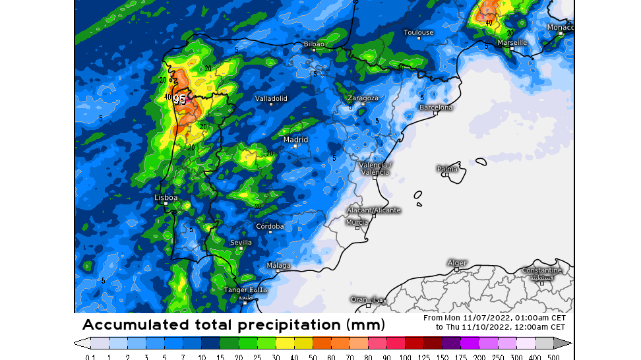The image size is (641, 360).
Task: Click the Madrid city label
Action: pos(295,140)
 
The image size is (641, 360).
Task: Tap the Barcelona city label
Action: pos(437,107)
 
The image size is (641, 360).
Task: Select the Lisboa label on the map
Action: pos(166,197)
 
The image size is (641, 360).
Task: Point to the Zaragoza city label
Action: pos(363,98)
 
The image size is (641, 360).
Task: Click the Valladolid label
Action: pos(271,98)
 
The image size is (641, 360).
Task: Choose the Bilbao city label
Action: pos(313,44)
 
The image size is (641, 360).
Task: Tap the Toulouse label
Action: pos(418,32)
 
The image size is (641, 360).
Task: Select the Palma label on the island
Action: pos(447,169)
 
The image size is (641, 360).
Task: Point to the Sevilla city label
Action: pos(241,243)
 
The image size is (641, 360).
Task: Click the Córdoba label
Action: pos(270,226)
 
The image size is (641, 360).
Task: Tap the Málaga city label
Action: pos(278,265)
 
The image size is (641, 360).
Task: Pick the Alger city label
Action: pos(457,263)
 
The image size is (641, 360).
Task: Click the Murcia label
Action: pos(357,222)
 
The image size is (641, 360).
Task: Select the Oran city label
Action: pos(359,299)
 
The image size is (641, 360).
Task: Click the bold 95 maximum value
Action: pos(179,100)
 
